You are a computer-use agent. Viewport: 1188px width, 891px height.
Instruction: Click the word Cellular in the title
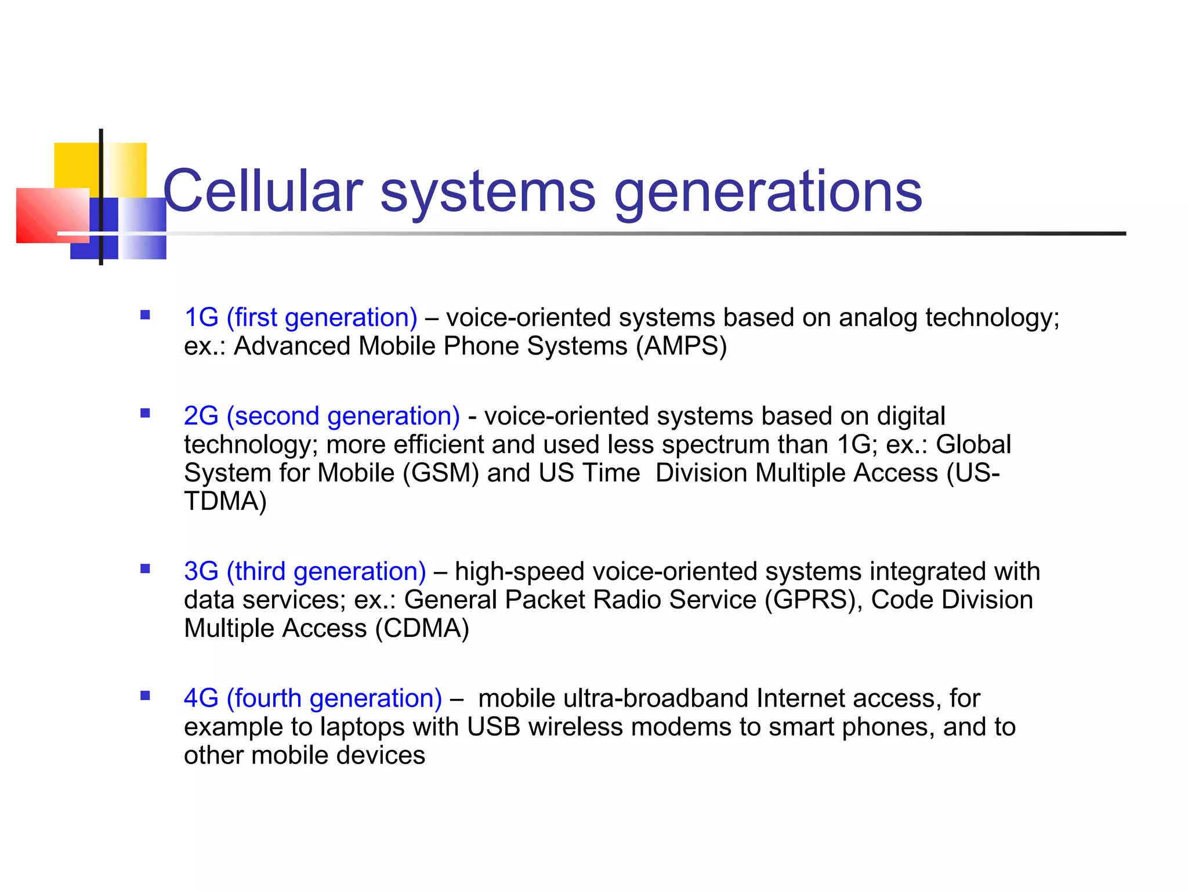point(262,191)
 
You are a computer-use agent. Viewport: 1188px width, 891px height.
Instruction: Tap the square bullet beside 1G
point(145,316)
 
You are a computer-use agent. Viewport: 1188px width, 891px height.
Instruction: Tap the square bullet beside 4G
point(145,696)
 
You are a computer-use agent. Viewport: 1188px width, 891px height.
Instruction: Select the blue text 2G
point(201,416)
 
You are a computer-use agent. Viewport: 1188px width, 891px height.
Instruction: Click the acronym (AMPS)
point(681,346)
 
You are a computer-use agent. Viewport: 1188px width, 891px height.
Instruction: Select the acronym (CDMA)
point(422,628)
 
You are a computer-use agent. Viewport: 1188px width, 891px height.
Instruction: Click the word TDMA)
point(225,501)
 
